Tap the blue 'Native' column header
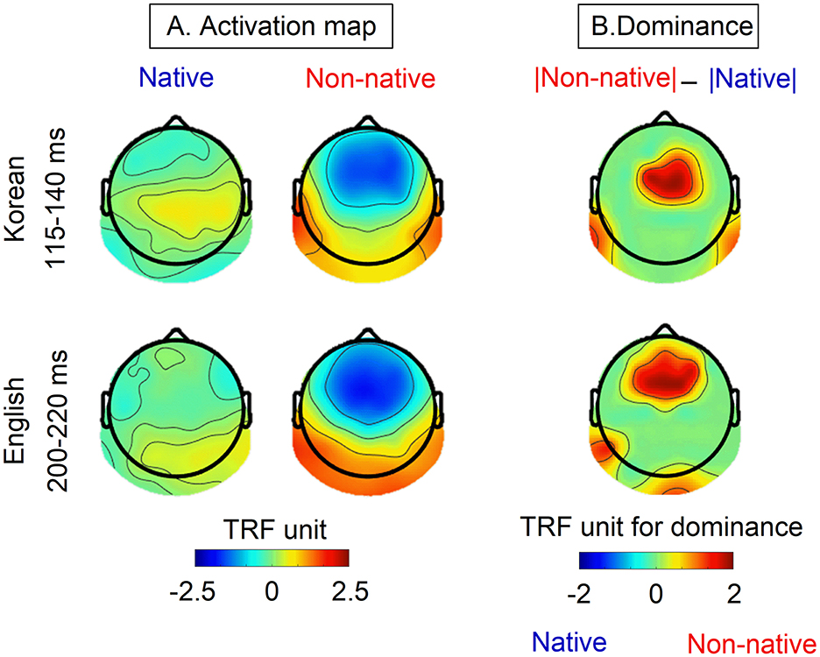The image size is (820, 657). click(175, 79)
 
